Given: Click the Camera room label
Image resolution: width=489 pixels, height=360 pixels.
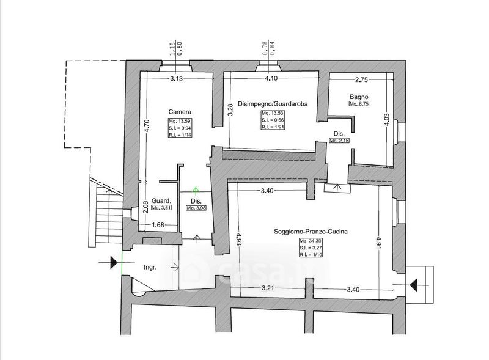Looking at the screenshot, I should coord(181,112).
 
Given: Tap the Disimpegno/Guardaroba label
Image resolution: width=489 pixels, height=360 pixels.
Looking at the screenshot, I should coord(273,104).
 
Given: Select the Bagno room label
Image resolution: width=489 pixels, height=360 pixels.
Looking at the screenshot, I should coord(359,97).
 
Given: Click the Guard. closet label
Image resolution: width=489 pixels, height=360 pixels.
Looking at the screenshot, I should coord(161,200).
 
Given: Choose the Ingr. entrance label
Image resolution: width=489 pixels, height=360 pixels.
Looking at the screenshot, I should coord(150,267).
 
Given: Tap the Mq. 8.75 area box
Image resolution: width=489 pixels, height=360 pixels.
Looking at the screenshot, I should coord(359,105).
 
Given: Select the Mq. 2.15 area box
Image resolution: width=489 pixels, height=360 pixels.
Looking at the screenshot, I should coord(339,141).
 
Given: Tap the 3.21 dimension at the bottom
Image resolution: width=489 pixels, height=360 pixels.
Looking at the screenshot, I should coord(270,288).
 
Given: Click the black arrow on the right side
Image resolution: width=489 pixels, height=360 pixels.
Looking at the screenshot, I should coord(415,285).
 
